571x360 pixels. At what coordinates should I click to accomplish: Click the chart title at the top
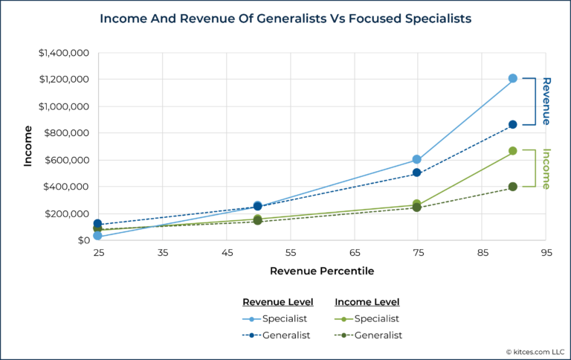(x=285, y=19)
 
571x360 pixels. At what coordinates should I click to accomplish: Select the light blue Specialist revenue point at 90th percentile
(x=512, y=78)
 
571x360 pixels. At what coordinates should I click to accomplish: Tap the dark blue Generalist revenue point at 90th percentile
(x=512, y=125)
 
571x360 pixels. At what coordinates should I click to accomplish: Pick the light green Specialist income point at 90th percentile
(x=512, y=151)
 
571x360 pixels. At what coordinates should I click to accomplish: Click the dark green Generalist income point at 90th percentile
(x=512, y=187)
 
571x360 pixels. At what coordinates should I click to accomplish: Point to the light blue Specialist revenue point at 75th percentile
(x=417, y=159)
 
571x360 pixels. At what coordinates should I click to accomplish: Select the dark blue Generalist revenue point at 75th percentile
(x=417, y=173)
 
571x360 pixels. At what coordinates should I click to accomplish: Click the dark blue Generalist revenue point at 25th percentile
(x=97, y=223)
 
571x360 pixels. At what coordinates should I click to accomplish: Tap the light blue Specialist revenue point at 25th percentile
(x=97, y=236)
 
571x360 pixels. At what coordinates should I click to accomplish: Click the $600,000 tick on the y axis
(x=66, y=160)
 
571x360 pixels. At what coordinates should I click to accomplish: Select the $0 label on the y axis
(x=83, y=240)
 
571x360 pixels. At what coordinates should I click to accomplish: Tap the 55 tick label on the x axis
(x=290, y=254)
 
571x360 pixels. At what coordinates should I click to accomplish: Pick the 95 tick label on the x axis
(x=546, y=254)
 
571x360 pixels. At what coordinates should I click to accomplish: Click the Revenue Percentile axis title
(x=322, y=271)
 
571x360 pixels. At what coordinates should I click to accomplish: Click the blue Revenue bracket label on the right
(x=546, y=101)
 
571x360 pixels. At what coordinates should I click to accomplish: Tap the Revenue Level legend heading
(x=278, y=302)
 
